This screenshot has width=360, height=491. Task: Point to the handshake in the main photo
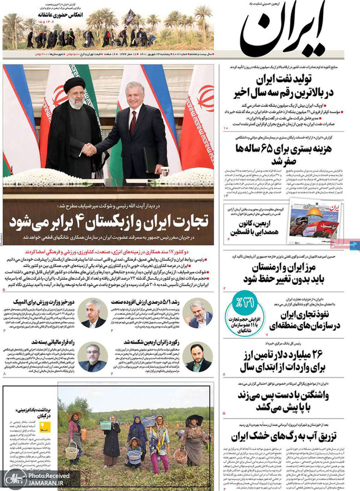click(x=90, y=149)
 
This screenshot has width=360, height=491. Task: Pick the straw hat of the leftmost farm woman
click(x=75, y=416)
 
